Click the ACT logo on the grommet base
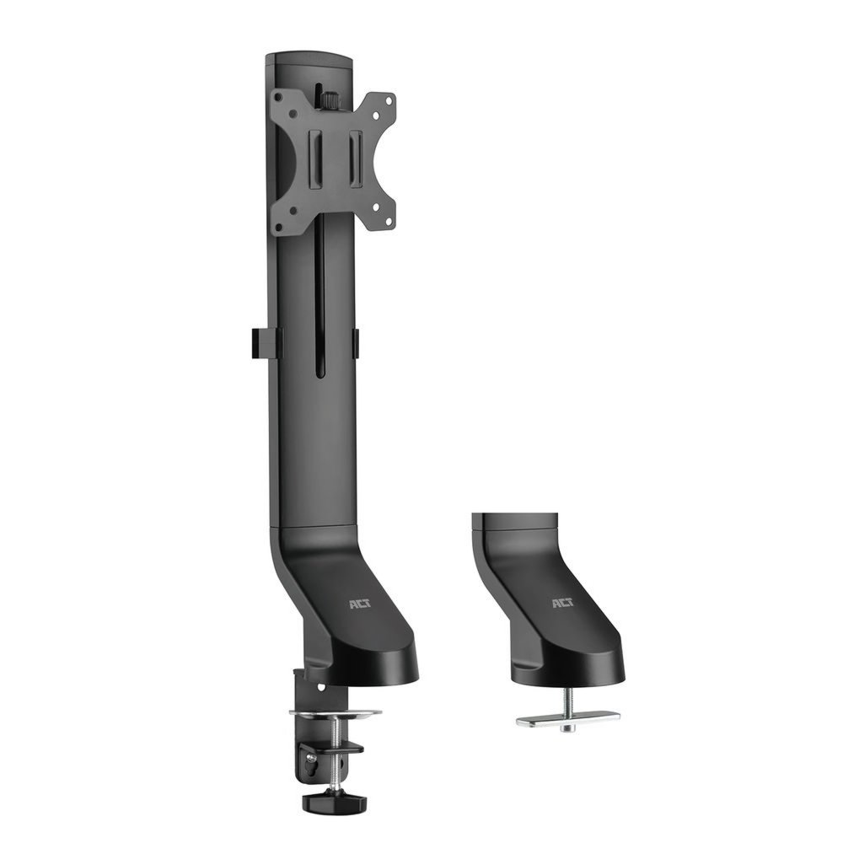pos(562,604)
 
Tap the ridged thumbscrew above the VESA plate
pos(325,99)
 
